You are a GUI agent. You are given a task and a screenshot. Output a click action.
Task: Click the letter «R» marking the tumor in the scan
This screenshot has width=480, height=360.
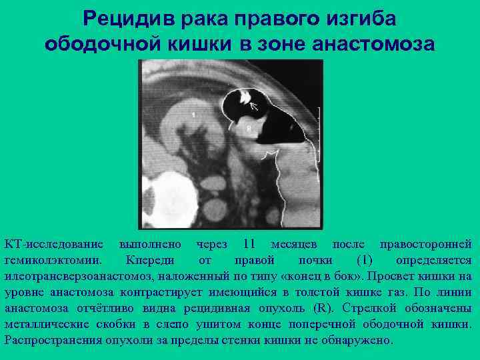click(249, 125)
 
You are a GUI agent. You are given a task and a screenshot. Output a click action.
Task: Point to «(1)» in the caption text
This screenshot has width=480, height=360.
click(365, 260)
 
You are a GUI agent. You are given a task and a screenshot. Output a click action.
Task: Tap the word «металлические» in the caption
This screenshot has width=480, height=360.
click(53, 324)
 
